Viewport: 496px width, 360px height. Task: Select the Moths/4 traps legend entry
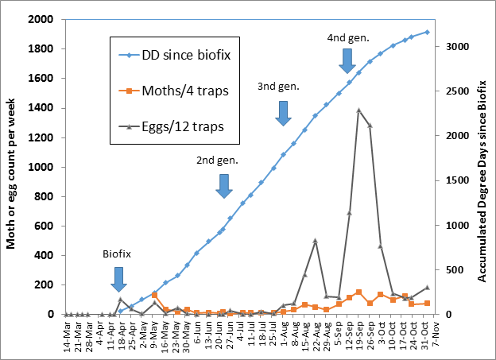[176, 91]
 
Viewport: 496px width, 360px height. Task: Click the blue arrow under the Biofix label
[118, 279]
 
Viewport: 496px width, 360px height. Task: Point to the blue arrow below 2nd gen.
[223, 185]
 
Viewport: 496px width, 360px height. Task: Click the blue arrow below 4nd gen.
[346, 59]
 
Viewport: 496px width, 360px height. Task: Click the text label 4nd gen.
[347, 37]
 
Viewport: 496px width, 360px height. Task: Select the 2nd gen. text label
[217, 160]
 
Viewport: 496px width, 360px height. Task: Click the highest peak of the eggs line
[359, 110]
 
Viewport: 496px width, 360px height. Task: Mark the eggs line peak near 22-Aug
[316, 240]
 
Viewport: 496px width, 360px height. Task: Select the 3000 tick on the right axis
[455, 46]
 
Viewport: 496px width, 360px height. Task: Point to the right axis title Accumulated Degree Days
[482, 166]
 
